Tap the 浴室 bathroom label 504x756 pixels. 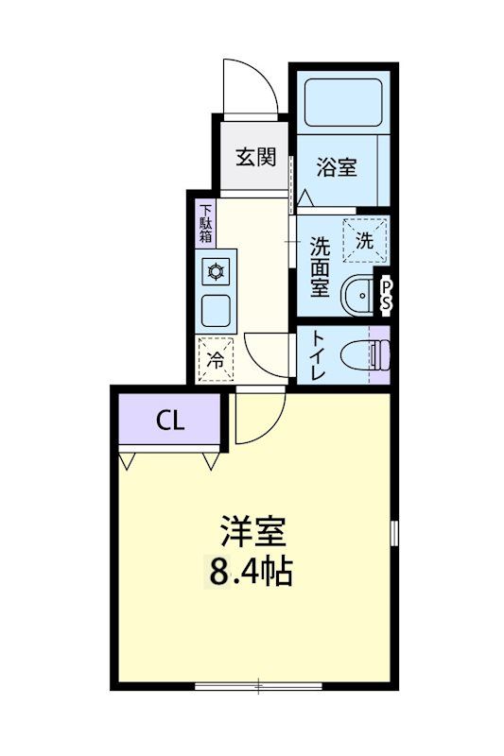(x=337, y=168)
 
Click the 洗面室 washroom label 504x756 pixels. (x=321, y=266)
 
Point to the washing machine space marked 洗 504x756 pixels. (x=365, y=240)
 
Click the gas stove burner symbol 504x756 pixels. (x=217, y=273)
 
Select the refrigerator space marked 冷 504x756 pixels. (x=217, y=359)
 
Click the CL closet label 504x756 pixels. (x=171, y=420)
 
